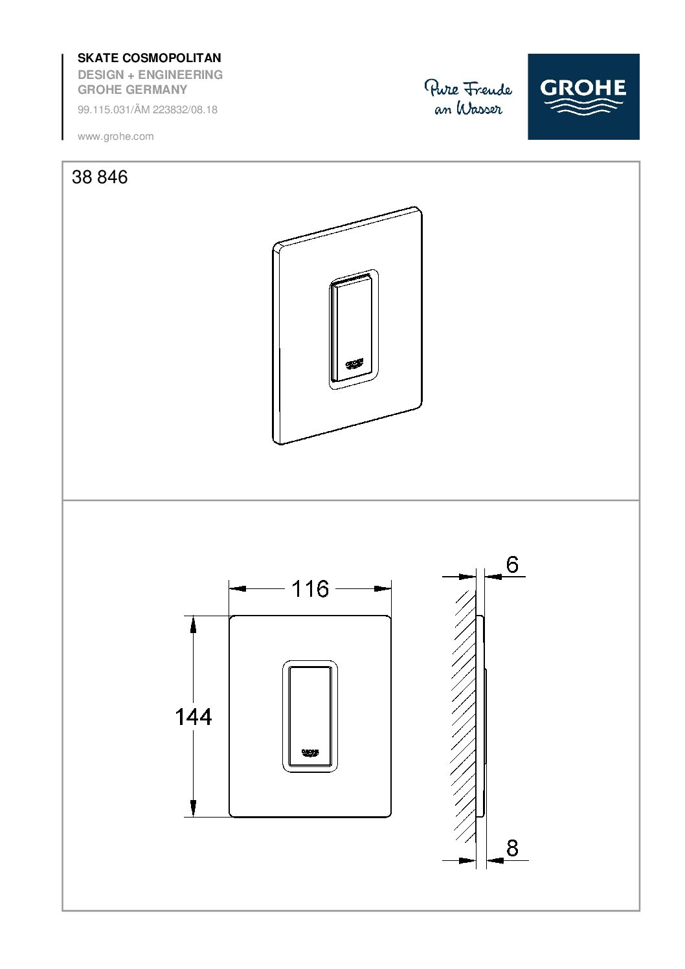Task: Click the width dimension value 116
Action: pos(310,589)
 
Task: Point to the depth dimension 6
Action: pos(512,565)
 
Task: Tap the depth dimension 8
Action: pos(512,848)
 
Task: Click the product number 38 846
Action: pos(100,177)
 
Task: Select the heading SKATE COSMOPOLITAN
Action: pos(150,58)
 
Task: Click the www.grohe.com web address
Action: pos(115,137)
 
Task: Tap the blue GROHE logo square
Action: pos(583,96)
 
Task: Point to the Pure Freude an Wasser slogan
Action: pos(467,97)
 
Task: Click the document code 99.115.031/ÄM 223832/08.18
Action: pos(148,110)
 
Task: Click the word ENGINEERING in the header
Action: pos(181,75)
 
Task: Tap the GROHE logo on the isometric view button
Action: pos(354,364)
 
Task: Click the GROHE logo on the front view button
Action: pos(310,753)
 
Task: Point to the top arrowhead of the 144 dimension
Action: pos(193,623)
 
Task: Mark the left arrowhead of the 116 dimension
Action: pos(238,589)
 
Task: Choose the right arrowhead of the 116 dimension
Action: pos(383,589)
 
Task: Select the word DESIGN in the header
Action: pos(101,75)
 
